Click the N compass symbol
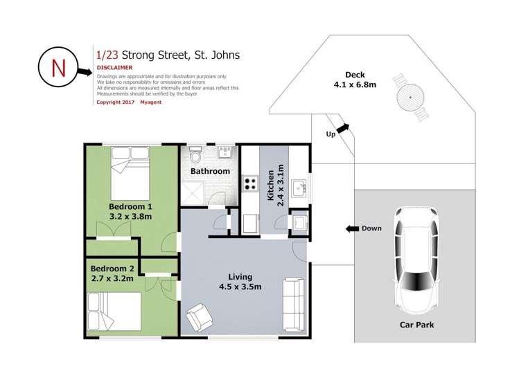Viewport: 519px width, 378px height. coord(58,66)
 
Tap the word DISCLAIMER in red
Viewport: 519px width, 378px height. coord(114,67)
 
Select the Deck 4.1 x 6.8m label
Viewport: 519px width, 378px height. coord(355,80)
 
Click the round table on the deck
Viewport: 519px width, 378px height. coord(410,97)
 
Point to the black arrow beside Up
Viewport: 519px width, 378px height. coord(342,128)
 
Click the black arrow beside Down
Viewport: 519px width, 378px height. coord(352,228)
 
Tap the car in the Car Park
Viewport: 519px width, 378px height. coord(416,260)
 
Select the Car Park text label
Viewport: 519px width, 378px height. coord(416,325)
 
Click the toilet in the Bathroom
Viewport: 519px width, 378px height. coord(195,154)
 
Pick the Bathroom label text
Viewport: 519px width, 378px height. coord(210,171)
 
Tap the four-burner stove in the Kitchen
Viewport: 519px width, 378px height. coord(250,183)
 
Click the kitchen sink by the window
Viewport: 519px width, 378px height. coord(299,188)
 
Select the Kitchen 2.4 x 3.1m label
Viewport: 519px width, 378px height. coord(275,186)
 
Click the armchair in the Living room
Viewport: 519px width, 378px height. coord(200,317)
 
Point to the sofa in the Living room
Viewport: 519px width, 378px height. coord(294,305)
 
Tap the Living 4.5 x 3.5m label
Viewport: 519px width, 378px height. coord(240,282)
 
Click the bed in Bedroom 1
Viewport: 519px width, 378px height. coord(130,173)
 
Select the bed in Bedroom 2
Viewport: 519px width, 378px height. coord(114,312)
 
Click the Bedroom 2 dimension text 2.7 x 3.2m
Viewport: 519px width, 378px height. coord(112,279)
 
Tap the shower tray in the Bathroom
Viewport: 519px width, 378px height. coord(194,192)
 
